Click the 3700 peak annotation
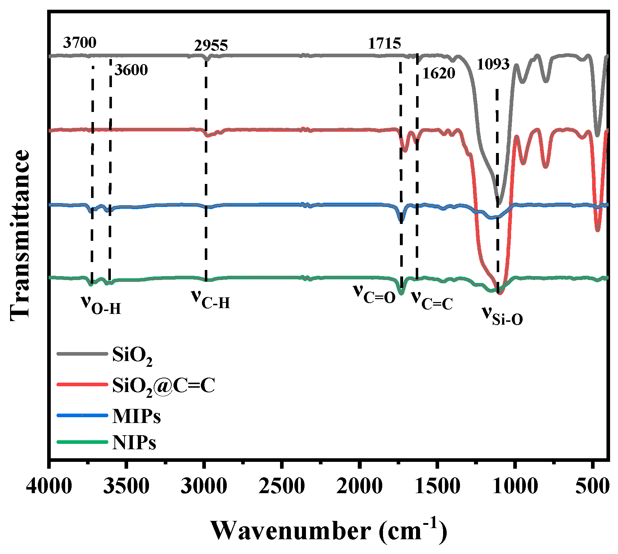[80, 42]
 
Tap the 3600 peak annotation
[131, 70]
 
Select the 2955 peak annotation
[211, 46]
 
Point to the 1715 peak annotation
[384, 44]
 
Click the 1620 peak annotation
[439, 73]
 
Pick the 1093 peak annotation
[493, 64]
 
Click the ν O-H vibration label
[101, 305]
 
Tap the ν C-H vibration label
[211, 299]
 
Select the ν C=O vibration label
[374, 293]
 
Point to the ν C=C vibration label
[432, 300]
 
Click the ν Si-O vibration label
[502, 316]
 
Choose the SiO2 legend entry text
[132, 355]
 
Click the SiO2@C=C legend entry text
[163, 386]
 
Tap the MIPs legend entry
[136, 416]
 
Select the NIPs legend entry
[134, 442]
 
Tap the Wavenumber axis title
[328, 531]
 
